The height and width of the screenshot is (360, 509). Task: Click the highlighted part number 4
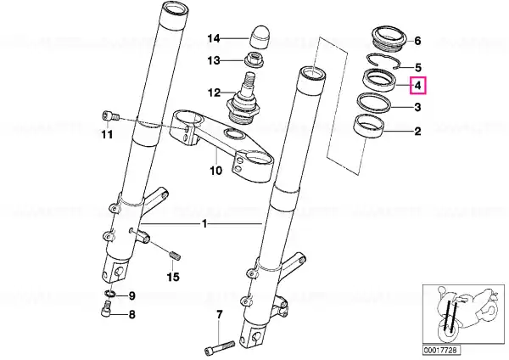click(x=417, y=86)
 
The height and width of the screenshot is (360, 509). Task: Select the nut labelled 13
click(x=255, y=59)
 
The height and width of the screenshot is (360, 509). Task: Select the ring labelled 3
click(x=374, y=103)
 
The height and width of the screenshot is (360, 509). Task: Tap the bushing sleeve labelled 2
click(x=369, y=127)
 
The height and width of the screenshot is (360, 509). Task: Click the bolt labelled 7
click(x=220, y=346)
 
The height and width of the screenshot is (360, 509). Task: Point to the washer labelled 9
click(x=110, y=294)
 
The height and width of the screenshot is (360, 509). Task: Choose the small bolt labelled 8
click(x=106, y=309)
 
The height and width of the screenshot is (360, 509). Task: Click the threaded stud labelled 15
click(x=176, y=256)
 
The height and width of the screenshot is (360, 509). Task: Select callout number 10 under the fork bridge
click(x=215, y=171)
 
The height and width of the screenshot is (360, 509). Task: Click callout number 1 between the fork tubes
click(x=204, y=224)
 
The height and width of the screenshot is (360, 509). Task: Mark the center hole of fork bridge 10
click(x=234, y=133)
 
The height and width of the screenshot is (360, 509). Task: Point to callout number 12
click(x=215, y=93)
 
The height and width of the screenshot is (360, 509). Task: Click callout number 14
click(x=214, y=39)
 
